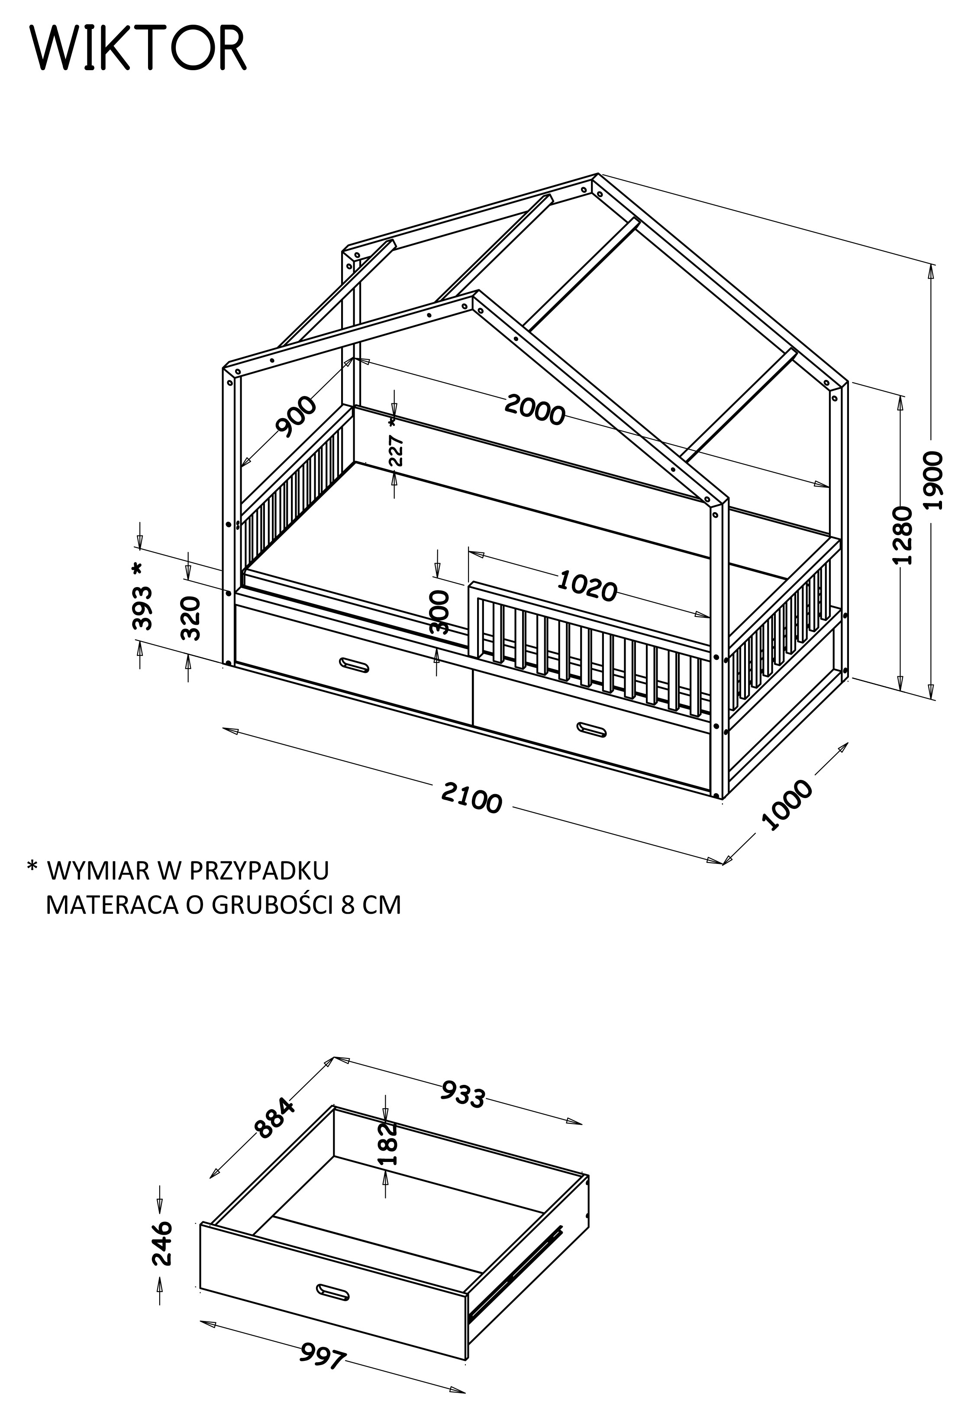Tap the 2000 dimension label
pyautogui.click(x=535, y=409)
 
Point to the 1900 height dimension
pyautogui.click(x=934, y=480)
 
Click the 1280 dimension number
pyautogui.click(x=902, y=535)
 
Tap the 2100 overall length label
pyautogui.click(x=471, y=797)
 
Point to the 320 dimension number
pyautogui.click(x=190, y=618)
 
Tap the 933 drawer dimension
pyautogui.click(x=463, y=1094)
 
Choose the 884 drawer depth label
pyautogui.click(x=275, y=1119)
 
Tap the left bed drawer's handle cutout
pyautogui.click(x=354, y=664)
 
